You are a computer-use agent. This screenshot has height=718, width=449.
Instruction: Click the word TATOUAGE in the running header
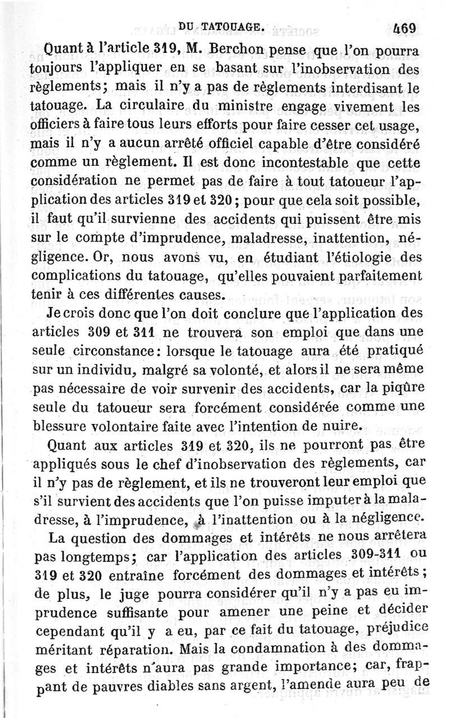pos(234,26)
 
